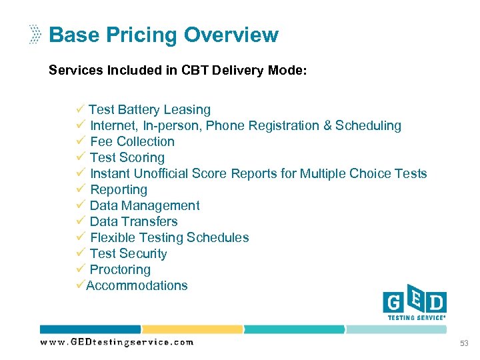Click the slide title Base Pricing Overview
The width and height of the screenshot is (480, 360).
(163, 35)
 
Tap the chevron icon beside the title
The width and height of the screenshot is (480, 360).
(35, 35)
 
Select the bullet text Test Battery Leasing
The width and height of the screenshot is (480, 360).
(149, 109)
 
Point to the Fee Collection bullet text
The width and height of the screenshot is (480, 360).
(132, 141)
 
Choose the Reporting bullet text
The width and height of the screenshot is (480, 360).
(119, 189)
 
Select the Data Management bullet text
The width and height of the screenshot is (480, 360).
(145, 205)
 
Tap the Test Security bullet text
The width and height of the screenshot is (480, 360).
(128, 253)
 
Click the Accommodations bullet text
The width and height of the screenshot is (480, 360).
(137, 285)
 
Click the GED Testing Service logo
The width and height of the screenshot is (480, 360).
(414, 306)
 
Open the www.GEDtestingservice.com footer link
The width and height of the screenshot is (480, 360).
(117, 342)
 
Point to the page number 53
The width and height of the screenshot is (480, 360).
(464, 343)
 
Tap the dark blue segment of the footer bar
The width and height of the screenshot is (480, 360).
(90, 329)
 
